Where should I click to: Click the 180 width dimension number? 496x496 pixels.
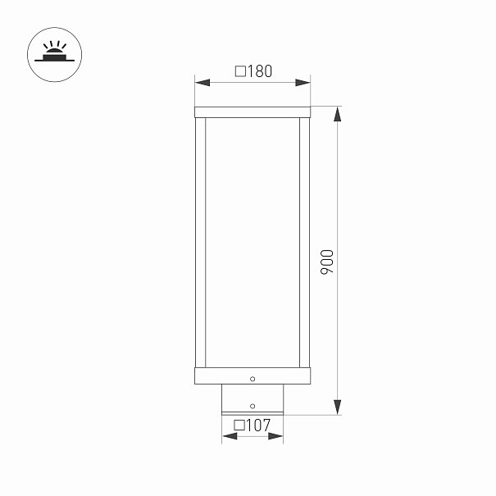260,71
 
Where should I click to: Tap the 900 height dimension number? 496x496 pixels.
327,262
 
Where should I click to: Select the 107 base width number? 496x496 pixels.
258,425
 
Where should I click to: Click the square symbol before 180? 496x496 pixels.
240,71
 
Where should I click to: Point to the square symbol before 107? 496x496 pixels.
239,425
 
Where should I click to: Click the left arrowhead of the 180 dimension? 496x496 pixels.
202,83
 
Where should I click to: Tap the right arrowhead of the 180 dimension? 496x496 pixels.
303,83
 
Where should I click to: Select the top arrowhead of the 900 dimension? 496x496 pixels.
338,114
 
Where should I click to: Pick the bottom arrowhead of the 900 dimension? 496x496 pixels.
338,407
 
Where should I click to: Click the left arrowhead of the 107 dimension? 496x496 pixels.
230,436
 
